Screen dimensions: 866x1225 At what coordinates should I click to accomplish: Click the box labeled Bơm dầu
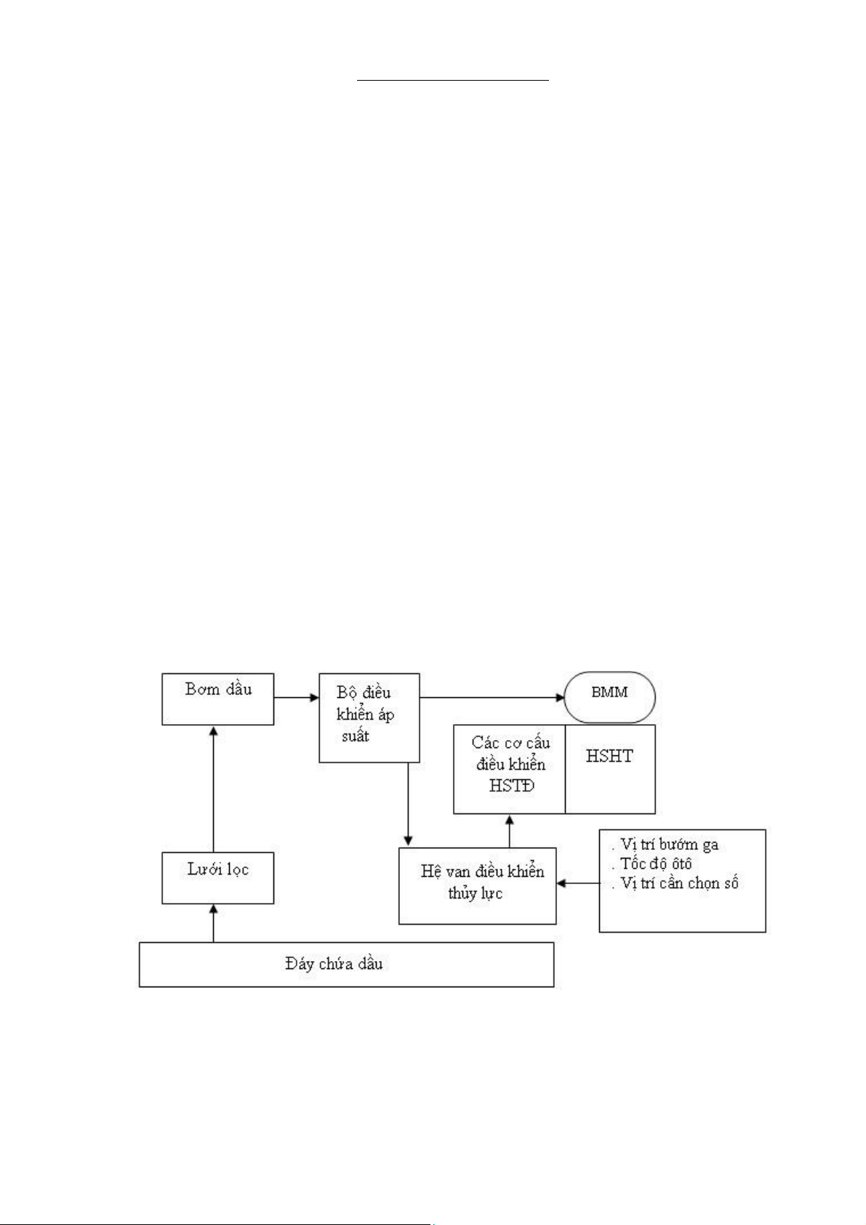pyautogui.click(x=217, y=699)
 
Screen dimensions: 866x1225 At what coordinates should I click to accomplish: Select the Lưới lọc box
pyautogui.click(x=217, y=877)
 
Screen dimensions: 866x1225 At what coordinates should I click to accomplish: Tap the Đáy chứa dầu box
pyautogui.click(x=346, y=964)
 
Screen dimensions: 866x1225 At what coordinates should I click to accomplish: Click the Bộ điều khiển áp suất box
pyautogui.click(x=369, y=718)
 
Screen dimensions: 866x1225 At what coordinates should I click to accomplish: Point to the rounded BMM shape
pyautogui.click(x=609, y=697)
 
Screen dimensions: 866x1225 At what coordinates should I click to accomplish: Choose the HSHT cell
pyautogui.click(x=610, y=769)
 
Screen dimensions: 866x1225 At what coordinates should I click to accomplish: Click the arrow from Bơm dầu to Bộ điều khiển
pyautogui.click(x=297, y=697)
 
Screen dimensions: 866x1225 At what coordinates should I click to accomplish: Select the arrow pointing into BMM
pyautogui.click(x=492, y=697)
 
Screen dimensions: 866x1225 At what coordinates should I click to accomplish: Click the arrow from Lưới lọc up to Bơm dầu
pyautogui.click(x=213, y=789)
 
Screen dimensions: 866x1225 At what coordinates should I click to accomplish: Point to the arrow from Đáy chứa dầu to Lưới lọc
pyautogui.click(x=213, y=923)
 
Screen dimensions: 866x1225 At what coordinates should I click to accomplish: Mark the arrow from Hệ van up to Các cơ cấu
pyautogui.click(x=509, y=831)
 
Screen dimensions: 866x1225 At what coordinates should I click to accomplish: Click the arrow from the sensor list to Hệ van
pyautogui.click(x=578, y=883)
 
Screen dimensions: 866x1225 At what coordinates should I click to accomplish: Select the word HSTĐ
pyautogui.click(x=511, y=786)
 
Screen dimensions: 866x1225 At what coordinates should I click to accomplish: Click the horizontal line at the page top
pyautogui.click(x=453, y=81)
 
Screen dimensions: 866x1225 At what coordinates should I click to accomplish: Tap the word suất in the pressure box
pyautogui.click(x=356, y=736)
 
